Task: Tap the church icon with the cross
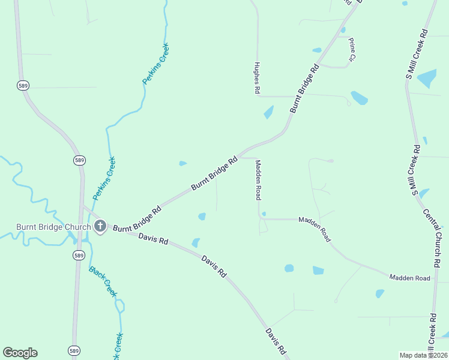pyautogui.click(x=100, y=226)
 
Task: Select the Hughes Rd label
pyautogui.click(x=257, y=77)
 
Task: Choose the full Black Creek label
pyautogui.click(x=103, y=281)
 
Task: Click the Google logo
pyautogui.click(x=20, y=353)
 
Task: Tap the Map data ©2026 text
pyautogui.click(x=423, y=355)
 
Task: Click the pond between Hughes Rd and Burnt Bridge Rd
pyautogui.click(x=268, y=112)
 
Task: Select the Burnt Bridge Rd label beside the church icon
pyautogui.click(x=137, y=219)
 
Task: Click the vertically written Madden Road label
pyautogui.click(x=258, y=179)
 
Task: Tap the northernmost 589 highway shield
pyautogui.click(x=23, y=85)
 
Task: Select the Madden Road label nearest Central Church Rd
pyautogui.click(x=409, y=278)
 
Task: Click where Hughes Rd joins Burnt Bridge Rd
pyautogui.click(x=292, y=96)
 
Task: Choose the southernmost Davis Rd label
pyautogui.click(x=276, y=341)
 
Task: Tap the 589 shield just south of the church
pyautogui.click(x=79, y=256)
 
